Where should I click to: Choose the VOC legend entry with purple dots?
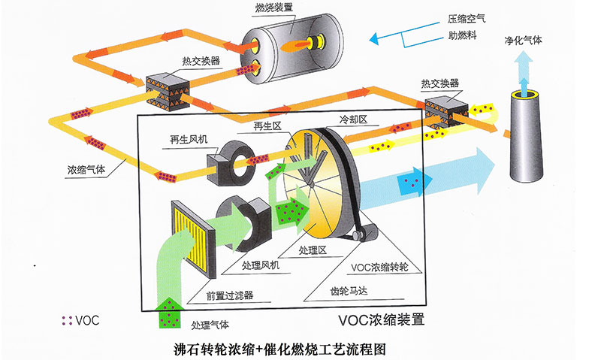(80, 320)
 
